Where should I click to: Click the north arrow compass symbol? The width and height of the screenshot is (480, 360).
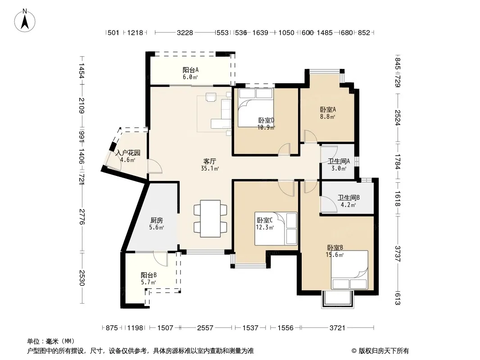25,21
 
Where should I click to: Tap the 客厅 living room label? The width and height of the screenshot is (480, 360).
210,161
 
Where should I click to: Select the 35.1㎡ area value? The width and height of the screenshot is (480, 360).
210,168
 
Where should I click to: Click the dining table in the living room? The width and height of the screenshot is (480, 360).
210,218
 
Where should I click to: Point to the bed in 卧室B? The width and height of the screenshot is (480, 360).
349,270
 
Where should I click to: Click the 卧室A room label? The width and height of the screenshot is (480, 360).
328,109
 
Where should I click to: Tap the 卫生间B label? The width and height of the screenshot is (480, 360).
349,198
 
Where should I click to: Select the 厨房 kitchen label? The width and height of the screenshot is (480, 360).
156,220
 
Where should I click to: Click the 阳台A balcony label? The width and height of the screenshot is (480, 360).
190,70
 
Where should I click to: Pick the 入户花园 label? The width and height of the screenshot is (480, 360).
127,153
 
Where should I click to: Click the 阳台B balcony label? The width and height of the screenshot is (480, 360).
149,275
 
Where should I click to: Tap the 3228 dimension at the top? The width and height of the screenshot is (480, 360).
185,33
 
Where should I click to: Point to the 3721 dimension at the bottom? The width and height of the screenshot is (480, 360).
337,328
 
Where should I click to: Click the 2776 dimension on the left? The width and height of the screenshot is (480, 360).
82,216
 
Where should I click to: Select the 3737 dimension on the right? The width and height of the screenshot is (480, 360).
397,254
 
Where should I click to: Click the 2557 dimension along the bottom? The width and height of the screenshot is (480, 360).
205,328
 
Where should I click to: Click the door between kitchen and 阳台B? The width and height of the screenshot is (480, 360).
160,259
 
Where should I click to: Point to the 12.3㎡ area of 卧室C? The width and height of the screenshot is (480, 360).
265,227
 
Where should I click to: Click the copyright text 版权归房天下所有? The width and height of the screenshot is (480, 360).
384,351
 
